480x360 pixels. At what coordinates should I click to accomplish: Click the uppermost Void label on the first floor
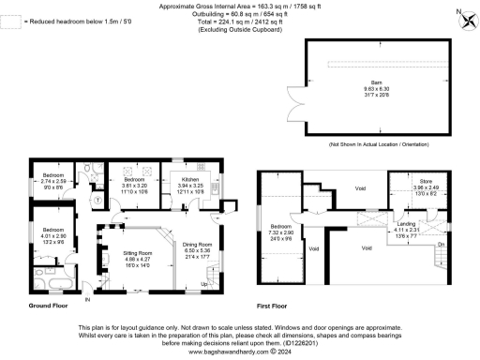click(x=360, y=187)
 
